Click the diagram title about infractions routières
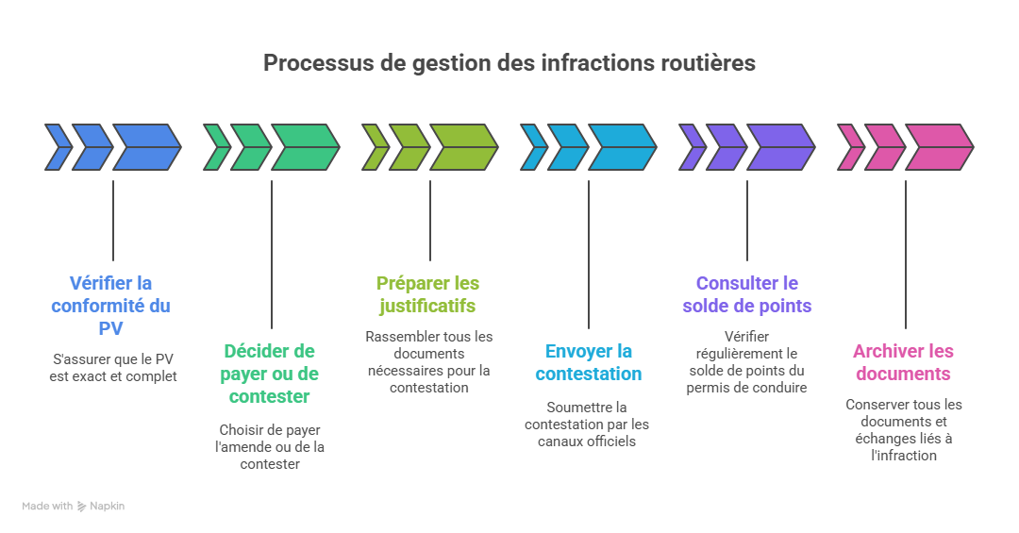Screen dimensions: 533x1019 click(509, 63)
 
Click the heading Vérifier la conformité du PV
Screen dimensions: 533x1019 click(111, 305)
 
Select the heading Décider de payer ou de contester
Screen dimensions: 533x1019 click(271, 374)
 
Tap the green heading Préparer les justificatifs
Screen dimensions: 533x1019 click(427, 294)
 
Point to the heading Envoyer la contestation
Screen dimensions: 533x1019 click(589, 362)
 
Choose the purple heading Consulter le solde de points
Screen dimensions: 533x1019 click(747, 294)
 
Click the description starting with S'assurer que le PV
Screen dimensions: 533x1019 click(113, 368)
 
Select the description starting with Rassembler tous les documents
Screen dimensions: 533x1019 click(429, 361)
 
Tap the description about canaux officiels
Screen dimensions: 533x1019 click(587, 424)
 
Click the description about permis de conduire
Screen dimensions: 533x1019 click(746, 361)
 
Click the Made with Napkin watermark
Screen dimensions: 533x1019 click(74, 507)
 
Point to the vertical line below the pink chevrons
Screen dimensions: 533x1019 click(906, 254)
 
